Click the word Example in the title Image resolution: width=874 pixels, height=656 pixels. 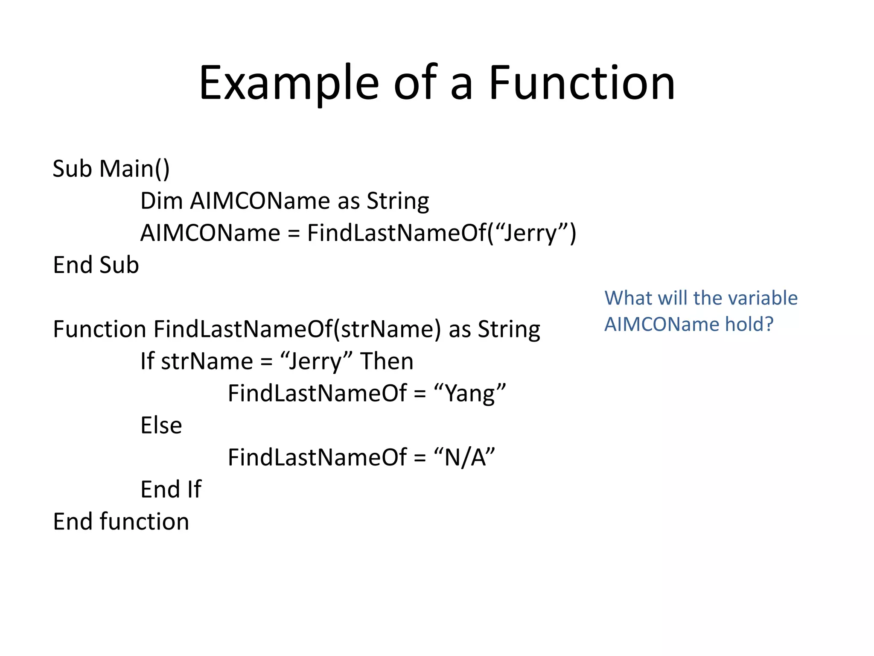tap(289, 83)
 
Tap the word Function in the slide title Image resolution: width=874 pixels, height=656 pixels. tap(581, 83)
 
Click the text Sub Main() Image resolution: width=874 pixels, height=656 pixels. tap(111, 169)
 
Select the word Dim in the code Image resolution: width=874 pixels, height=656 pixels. tap(161, 201)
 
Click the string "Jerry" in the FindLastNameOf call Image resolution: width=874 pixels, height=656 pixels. tap(529, 233)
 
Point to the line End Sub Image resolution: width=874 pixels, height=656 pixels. tap(96, 265)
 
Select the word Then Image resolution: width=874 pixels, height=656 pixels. tap(387, 361)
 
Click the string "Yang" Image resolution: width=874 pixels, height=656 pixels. tap(469, 393)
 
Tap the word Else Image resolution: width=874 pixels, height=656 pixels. tap(161, 425)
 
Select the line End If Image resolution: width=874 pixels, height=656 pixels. tap(171, 489)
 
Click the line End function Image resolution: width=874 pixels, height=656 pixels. tap(121, 521)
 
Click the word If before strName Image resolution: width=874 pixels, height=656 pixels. tap(147, 361)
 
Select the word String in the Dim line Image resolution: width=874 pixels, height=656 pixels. tap(398, 201)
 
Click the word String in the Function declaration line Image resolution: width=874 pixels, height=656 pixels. tap(509, 329)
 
